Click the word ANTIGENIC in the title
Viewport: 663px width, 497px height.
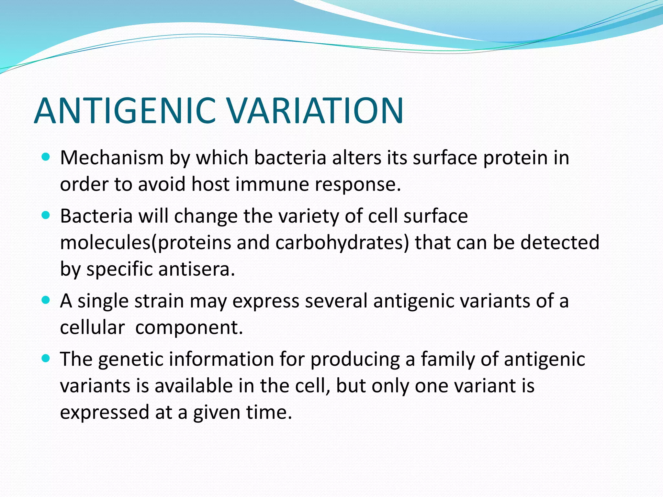click(125, 111)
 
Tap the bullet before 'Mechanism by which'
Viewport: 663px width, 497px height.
click(46, 157)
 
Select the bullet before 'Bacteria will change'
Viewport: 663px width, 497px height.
click(46, 215)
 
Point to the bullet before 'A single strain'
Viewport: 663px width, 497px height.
click(46, 300)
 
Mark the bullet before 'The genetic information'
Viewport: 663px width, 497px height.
click(46, 359)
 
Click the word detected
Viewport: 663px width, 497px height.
click(560, 243)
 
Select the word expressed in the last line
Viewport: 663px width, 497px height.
click(105, 413)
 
